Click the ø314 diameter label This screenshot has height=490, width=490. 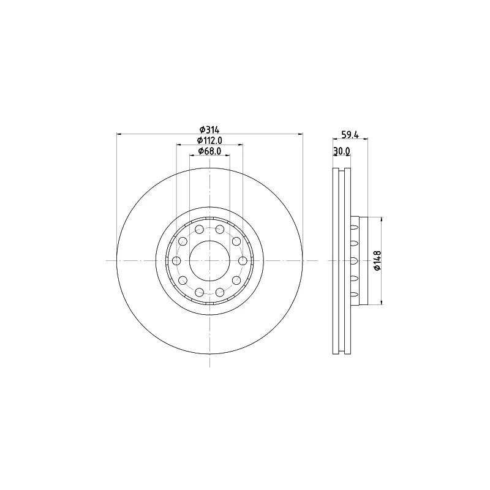point(209,129)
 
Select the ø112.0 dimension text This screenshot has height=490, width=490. point(209,140)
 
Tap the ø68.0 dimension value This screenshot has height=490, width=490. point(209,151)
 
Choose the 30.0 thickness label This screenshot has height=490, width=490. point(342,151)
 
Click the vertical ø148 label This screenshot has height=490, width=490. point(377,260)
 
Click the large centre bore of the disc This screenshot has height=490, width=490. point(209,261)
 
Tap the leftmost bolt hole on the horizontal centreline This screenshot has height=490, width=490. point(177,261)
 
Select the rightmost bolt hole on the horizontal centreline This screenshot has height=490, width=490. point(243,261)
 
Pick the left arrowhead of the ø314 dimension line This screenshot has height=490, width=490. point(119,134)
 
